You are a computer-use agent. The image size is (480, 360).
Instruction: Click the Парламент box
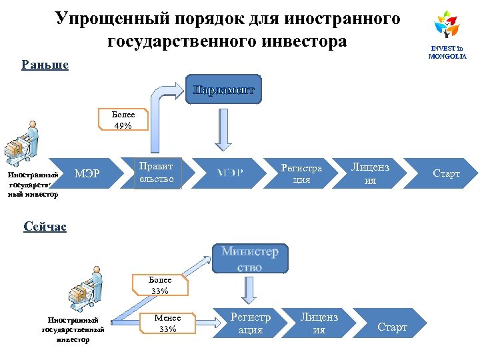pyautogui.click(x=223, y=89)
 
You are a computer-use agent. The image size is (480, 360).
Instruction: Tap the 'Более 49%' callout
pyautogui.click(x=123, y=120)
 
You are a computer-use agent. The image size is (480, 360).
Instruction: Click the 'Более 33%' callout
pyautogui.click(x=159, y=285)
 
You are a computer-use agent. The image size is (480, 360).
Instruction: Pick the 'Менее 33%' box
pyautogui.click(x=167, y=323)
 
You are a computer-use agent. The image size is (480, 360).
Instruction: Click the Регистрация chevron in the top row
pyautogui.click(x=301, y=173)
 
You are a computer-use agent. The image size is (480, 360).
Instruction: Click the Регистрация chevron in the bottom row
pyautogui.click(x=251, y=323)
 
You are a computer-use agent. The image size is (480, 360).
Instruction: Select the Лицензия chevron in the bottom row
pyautogui.click(x=319, y=323)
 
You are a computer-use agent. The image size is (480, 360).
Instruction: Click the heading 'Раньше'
pyautogui.click(x=45, y=65)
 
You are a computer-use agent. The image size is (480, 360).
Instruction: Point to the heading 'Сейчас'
pyautogui.click(x=45, y=227)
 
